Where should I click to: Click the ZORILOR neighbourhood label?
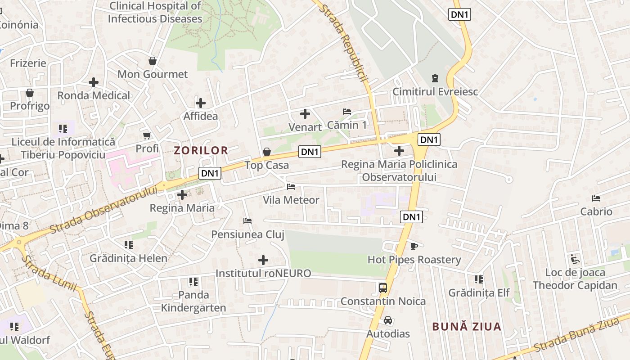(x=201, y=150)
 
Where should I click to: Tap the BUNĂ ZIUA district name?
(x=467, y=327)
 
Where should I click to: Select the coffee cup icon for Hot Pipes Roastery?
(x=414, y=246)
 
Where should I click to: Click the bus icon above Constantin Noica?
(x=382, y=288)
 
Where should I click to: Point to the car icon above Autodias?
(x=388, y=321)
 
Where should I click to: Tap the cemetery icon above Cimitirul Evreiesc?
(x=435, y=79)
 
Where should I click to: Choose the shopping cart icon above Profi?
(x=147, y=135)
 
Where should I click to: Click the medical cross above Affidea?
(x=201, y=103)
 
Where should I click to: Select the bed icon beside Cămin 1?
(x=346, y=112)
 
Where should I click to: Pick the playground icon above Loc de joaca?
(x=575, y=259)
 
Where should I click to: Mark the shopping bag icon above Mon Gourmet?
(x=153, y=61)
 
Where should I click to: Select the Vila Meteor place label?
(x=291, y=200)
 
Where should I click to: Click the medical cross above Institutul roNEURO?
(x=263, y=260)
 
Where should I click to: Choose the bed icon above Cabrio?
(x=596, y=198)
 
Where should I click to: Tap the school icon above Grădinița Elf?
(x=479, y=279)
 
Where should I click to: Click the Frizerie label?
(x=28, y=63)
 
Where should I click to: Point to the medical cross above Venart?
(x=305, y=114)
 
